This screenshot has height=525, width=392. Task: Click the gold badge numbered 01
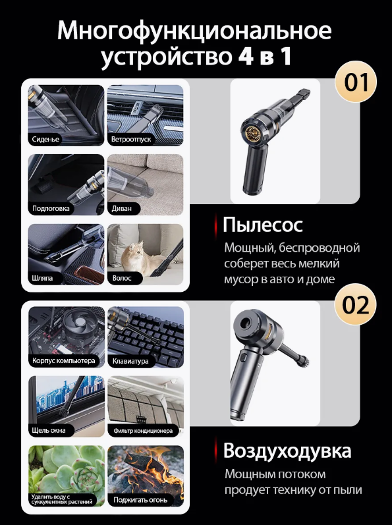coord(356,82)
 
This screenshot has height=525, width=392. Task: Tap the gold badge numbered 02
coord(356,304)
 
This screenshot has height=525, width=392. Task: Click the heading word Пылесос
coord(263,225)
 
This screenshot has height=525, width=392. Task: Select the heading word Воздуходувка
coord(287,451)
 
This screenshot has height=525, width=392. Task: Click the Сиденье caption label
coord(45,139)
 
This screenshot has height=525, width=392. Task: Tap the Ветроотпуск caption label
coord(131,139)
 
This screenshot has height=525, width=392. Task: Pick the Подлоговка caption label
coord(51,208)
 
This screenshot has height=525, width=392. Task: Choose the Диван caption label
coord(121,208)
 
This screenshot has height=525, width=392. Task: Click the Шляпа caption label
coord(43,278)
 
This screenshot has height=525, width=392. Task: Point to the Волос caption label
coord(122,278)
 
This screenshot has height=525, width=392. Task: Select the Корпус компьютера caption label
coord(64,361)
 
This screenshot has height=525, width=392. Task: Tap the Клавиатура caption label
coord(130,361)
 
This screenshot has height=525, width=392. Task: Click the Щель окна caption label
coord(49,430)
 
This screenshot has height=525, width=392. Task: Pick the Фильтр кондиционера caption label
coord(143,431)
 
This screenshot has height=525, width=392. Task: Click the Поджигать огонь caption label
coord(140,500)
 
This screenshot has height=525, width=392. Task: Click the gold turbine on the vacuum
coord(254,133)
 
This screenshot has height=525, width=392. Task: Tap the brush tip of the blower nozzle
coord(303,361)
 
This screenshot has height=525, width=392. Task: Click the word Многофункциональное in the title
coord(194,31)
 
